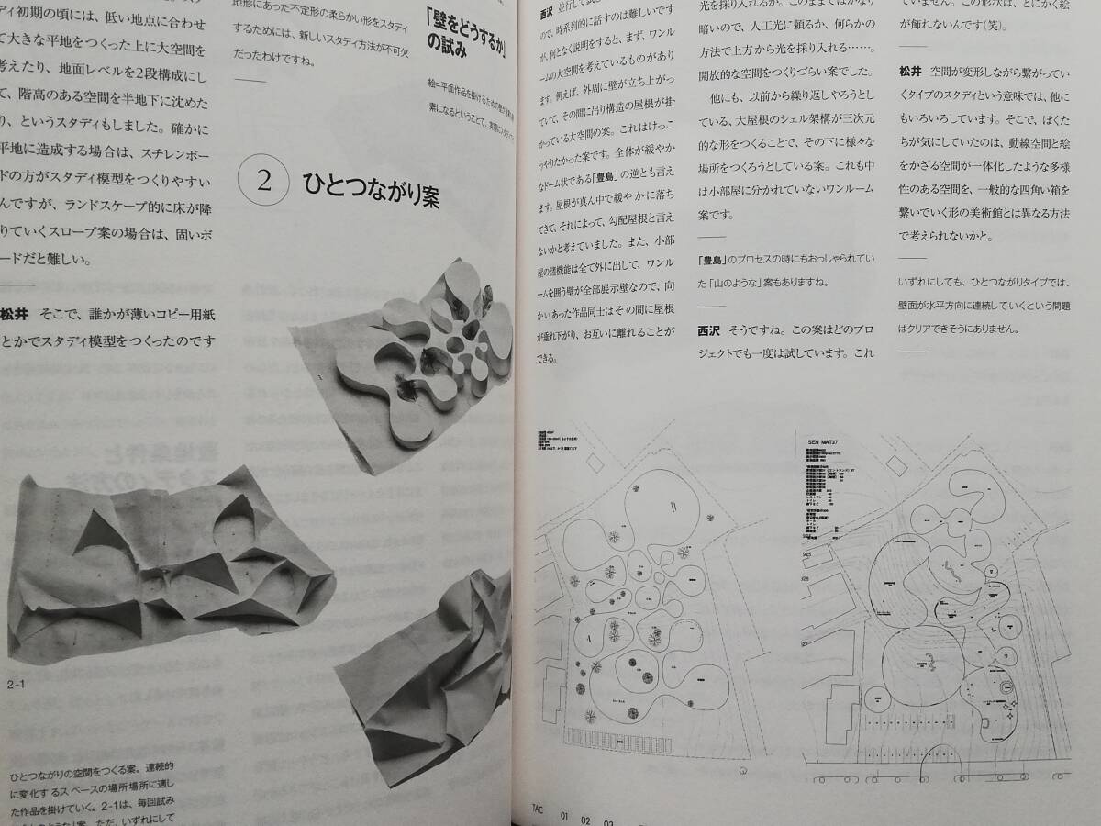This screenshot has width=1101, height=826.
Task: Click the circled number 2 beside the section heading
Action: click(264, 180)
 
